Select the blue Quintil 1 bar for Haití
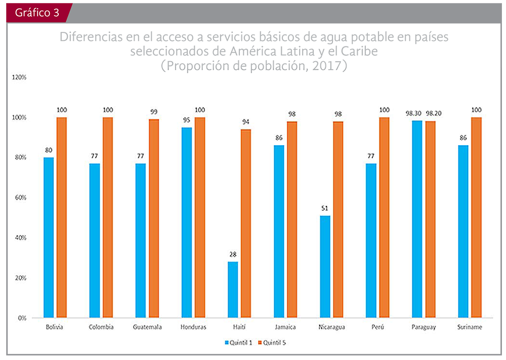click(x=233, y=290)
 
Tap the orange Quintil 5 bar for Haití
click(x=245, y=223)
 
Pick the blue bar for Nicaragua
click(x=325, y=267)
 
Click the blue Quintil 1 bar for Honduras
click(x=187, y=222)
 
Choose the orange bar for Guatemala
click(x=153, y=218)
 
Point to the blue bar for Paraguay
click(x=417, y=219)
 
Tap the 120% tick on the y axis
click(x=19, y=77)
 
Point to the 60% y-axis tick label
click(x=20, y=198)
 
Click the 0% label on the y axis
click(x=22, y=318)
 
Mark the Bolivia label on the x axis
click(x=54, y=327)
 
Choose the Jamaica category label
click(x=286, y=327)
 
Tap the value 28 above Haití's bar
click(x=233, y=254)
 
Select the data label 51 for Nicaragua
click(x=325, y=208)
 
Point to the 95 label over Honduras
click(x=187, y=120)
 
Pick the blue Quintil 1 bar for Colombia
click(x=95, y=241)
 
